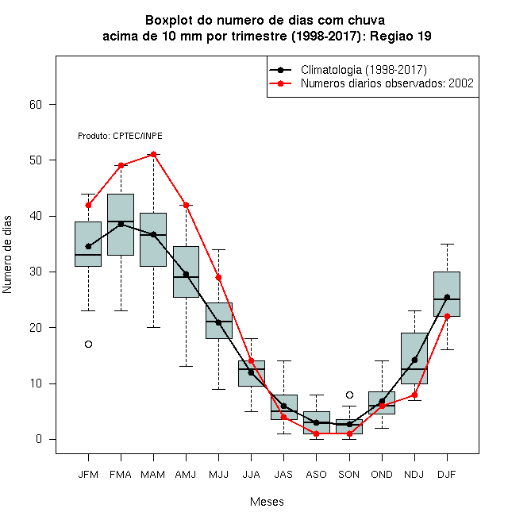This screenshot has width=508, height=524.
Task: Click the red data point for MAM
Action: (x=153, y=154)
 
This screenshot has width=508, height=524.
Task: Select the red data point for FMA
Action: (x=121, y=165)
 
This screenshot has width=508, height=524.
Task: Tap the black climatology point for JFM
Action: (x=88, y=247)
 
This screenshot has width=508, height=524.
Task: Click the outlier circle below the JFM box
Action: (x=88, y=345)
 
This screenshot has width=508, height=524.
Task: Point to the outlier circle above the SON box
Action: (x=349, y=395)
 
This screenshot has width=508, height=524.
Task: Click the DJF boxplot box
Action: (x=447, y=294)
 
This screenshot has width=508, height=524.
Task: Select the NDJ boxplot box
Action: (x=414, y=358)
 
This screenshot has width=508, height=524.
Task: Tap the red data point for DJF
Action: (x=447, y=316)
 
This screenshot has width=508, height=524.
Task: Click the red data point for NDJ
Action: (x=415, y=395)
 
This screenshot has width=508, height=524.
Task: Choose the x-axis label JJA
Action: (x=251, y=475)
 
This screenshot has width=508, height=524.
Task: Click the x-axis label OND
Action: (x=382, y=475)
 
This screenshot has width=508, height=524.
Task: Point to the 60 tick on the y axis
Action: (x=36, y=105)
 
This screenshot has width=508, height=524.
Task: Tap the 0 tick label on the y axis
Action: (x=39, y=439)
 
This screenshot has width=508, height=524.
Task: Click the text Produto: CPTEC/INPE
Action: (x=120, y=136)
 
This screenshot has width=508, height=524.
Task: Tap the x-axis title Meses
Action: (x=267, y=502)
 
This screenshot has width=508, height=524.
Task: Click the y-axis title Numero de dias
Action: (x=7, y=255)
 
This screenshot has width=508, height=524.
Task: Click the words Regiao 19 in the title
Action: (x=400, y=36)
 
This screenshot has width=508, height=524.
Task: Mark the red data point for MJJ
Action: (x=218, y=277)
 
